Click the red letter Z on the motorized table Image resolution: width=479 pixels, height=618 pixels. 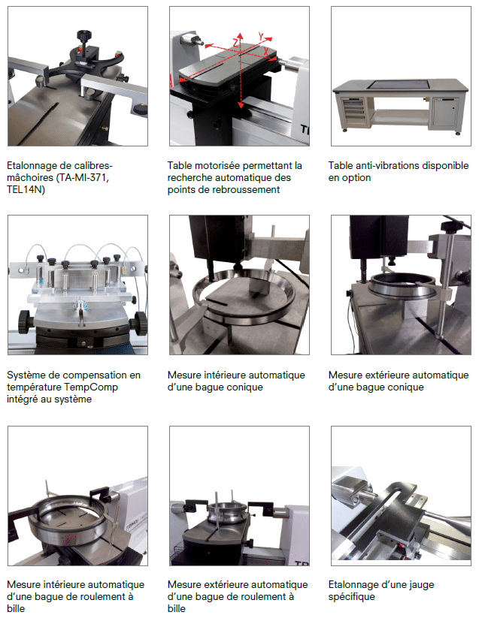(236, 43)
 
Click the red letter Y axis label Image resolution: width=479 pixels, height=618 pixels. (261, 36)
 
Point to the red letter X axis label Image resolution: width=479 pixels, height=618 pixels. (266, 51)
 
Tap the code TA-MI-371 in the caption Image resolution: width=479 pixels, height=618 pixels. (83, 178)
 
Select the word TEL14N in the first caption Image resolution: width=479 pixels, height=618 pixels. (24, 189)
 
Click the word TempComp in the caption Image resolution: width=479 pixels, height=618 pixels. (92, 387)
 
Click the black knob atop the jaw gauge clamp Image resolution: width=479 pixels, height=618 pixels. (84, 35)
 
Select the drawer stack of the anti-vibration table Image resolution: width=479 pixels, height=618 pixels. (354, 108)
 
